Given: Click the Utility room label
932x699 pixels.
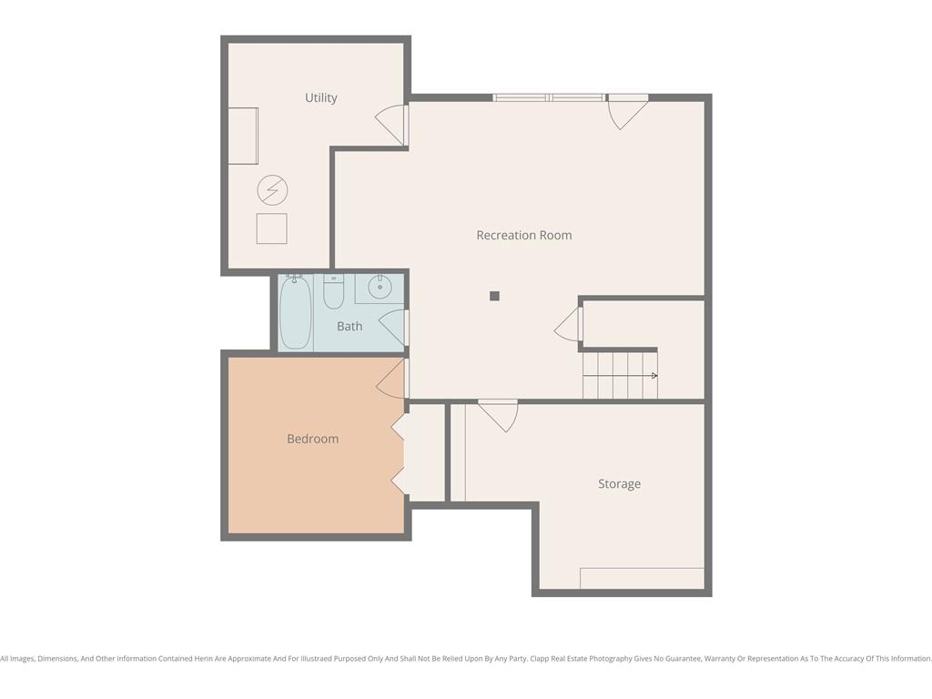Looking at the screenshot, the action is pyautogui.click(x=321, y=97).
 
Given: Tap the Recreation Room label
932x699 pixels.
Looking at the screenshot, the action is pyautogui.click(x=524, y=235).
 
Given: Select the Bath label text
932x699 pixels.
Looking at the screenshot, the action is pyautogui.click(x=349, y=326).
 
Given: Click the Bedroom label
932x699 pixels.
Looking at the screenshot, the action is pyautogui.click(x=313, y=439).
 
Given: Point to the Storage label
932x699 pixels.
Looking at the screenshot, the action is pyautogui.click(x=619, y=484).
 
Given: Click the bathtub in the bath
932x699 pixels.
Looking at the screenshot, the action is pyautogui.click(x=296, y=312).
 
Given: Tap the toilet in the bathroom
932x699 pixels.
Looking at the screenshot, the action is pyautogui.click(x=333, y=291).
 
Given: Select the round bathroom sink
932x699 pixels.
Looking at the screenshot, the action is pyautogui.click(x=380, y=289).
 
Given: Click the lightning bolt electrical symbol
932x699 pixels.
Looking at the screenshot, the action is pyautogui.click(x=272, y=190).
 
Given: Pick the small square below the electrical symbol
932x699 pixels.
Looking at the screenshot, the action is pyautogui.click(x=271, y=228).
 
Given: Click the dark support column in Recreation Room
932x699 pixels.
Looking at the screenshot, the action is pyautogui.click(x=494, y=296).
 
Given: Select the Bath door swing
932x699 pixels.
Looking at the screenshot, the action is pyautogui.click(x=391, y=328).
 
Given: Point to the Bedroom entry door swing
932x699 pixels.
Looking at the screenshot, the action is pyautogui.click(x=390, y=379).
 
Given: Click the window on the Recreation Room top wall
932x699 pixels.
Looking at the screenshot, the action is pyautogui.click(x=550, y=97).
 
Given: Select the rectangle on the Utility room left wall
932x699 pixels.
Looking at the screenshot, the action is pyautogui.click(x=243, y=137).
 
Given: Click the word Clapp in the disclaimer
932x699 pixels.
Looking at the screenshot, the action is pyautogui.click(x=540, y=659).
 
